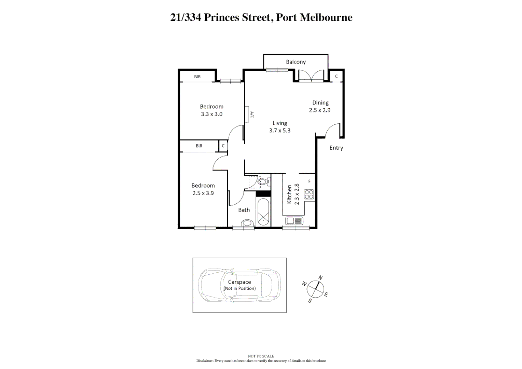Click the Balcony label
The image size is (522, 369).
(x=296, y=62)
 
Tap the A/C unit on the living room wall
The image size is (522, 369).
(x=247, y=114)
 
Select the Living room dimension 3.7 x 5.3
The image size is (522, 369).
(x=279, y=131)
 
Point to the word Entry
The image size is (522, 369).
(x=336, y=148)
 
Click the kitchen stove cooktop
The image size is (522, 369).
(x=309, y=194)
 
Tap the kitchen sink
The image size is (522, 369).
(x=294, y=221)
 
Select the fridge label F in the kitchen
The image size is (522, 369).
(x=309, y=181)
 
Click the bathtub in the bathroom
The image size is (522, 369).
(x=263, y=212)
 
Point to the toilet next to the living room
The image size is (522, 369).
(x=262, y=181)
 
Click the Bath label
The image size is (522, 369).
(x=244, y=210)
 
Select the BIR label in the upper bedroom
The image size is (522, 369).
(x=197, y=77)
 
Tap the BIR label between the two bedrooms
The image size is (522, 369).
(x=199, y=146)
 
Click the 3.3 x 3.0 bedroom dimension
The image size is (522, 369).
(x=211, y=114)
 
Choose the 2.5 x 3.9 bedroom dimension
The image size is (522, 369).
(x=203, y=193)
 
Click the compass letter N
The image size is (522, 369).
(x=320, y=277)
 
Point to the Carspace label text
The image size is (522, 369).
(x=239, y=282)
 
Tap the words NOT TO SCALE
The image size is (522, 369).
(x=261, y=356)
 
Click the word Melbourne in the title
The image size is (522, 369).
(x=326, y=17)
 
